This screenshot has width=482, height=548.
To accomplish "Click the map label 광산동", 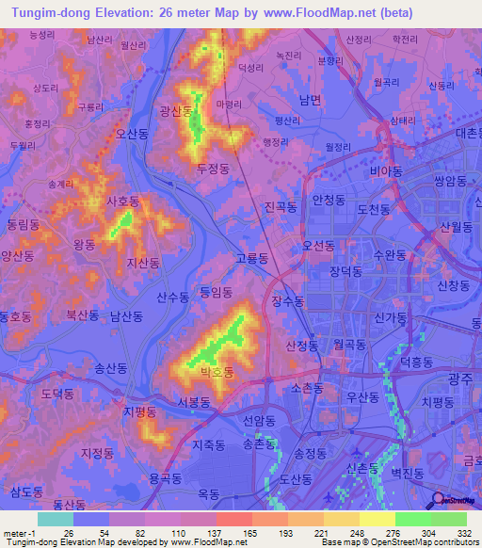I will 175,111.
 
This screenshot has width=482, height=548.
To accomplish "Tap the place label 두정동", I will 214,168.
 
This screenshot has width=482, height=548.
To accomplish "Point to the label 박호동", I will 216,373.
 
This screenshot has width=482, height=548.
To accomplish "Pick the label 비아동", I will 386,171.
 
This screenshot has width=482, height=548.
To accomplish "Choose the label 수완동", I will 389,255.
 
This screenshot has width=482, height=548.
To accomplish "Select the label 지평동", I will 138,411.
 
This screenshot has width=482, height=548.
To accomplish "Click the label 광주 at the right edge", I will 459,377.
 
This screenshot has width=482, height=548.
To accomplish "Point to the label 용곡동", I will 165,478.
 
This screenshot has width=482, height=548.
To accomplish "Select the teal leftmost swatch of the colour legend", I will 55,519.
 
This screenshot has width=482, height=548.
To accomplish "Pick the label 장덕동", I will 345,270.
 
